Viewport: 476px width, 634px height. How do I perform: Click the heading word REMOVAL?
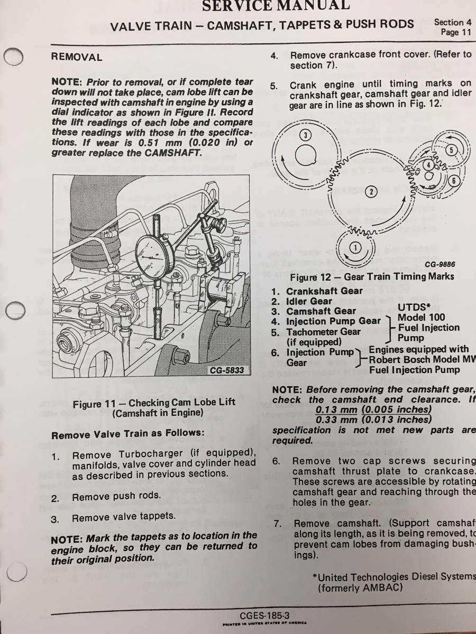tap(77, 57)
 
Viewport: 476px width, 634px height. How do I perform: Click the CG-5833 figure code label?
tap(227, 370)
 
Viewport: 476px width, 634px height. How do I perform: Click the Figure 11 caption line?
tap(154, 403)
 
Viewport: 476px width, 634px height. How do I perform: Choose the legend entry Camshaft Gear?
tap(321, 311)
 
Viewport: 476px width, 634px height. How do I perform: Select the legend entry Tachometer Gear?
tap(323, 332)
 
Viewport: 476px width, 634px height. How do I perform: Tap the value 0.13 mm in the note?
tap(336, 409)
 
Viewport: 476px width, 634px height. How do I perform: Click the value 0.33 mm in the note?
tap(336, 419)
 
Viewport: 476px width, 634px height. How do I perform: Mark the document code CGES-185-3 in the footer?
tap(264, 615)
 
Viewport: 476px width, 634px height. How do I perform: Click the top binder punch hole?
tap(14, 57)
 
